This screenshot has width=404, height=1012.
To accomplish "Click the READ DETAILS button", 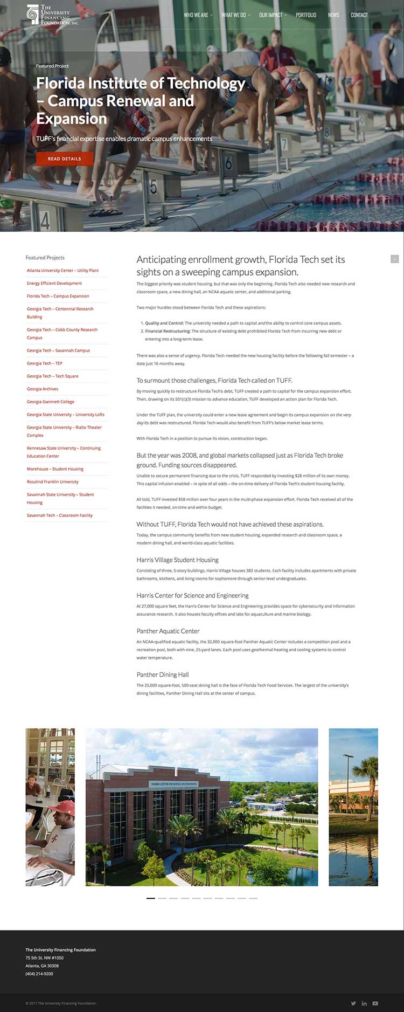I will tap(65, 159).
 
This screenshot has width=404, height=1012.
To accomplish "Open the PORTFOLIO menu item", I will tap(306, 15).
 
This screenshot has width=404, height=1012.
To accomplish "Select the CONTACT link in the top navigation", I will tap(359, 15).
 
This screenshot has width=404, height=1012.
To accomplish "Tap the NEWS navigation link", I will tap(333, 15).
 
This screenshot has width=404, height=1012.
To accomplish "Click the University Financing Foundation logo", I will tap(53, 15).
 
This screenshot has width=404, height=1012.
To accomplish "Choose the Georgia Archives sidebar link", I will tap(43, 389).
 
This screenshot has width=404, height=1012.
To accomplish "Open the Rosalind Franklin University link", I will tap(53, 481).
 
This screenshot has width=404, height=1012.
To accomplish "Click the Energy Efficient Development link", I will tap(54, 283).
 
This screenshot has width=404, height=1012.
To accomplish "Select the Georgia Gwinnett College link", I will tap(51, 402).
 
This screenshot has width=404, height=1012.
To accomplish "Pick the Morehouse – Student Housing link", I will tap(55, 469).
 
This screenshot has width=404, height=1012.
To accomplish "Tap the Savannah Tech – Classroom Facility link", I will tap(60, 515).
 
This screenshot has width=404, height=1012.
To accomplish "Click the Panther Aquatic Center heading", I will tap(168, 631).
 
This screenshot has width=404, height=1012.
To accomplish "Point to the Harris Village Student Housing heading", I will tap(178, 560).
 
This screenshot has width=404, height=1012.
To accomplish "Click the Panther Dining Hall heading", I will tap(163, 674).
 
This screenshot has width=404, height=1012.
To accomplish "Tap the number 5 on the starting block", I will tap(154, 188).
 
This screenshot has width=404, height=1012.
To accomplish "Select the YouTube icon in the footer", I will tap(375, 1003).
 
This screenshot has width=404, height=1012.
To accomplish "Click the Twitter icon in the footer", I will tap(353, 1003).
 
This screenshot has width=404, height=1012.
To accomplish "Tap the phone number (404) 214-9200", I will tap(39, 973).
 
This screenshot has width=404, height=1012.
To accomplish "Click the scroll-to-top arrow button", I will tap(394, 259).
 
